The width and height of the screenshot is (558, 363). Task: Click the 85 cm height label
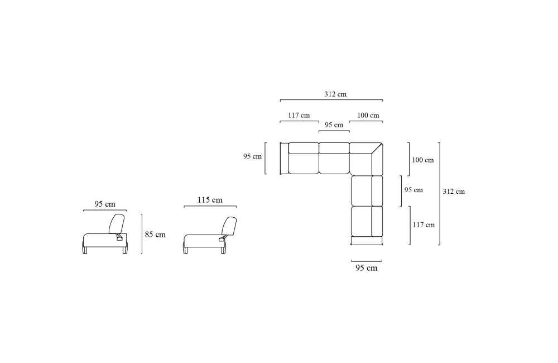coord(155,235)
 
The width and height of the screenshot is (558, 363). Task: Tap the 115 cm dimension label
coord(210,200)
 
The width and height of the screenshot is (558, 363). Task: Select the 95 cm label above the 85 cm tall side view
coord(105,204)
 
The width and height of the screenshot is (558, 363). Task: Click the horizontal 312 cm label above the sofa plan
coord(335,94)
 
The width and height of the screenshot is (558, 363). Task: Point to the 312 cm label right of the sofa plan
coord(454,192)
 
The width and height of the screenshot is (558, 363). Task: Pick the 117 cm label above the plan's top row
coord(299,116)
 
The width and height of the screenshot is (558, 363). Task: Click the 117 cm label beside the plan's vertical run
coord(424,225)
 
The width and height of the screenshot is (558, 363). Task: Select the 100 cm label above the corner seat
coord(368,116)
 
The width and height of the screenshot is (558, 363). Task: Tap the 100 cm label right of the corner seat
coord(423,160)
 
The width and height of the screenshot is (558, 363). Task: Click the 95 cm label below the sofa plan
coord(366,268)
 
